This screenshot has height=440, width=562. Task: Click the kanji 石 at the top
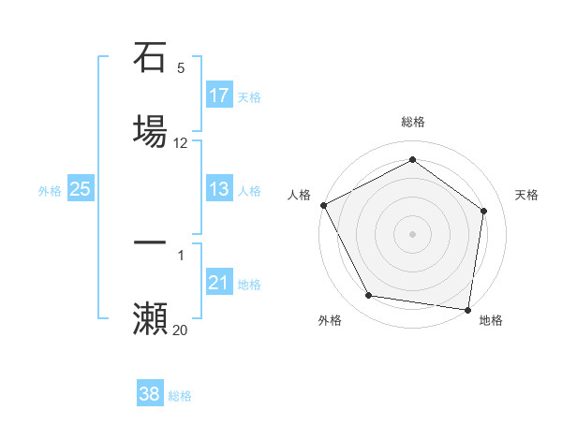click(150, 58)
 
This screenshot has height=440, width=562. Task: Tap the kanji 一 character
click(150, 242)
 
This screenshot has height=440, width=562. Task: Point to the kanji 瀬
click(150, 317)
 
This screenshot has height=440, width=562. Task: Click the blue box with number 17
click(219, 95)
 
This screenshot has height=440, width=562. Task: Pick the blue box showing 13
click(219, 189)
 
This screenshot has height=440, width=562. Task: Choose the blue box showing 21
click(219, 283)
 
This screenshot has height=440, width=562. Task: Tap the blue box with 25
click(81, 189)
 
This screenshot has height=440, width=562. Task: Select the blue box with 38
click(150, 394)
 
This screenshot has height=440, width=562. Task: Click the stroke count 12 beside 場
click(181, 143)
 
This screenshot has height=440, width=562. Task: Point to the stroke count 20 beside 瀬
click(181, 330)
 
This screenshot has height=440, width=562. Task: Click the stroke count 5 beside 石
click(181, 68)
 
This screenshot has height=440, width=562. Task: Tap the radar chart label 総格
click(413, 122)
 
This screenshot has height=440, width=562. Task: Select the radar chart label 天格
click(526, 195)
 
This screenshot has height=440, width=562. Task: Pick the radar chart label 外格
click(330, 320)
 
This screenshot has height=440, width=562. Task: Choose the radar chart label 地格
click(491, 320)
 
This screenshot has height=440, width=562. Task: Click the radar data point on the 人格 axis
click(323, 205)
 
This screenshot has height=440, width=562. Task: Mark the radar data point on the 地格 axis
click(467, 309)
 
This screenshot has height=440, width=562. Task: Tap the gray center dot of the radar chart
click(412, 234)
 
